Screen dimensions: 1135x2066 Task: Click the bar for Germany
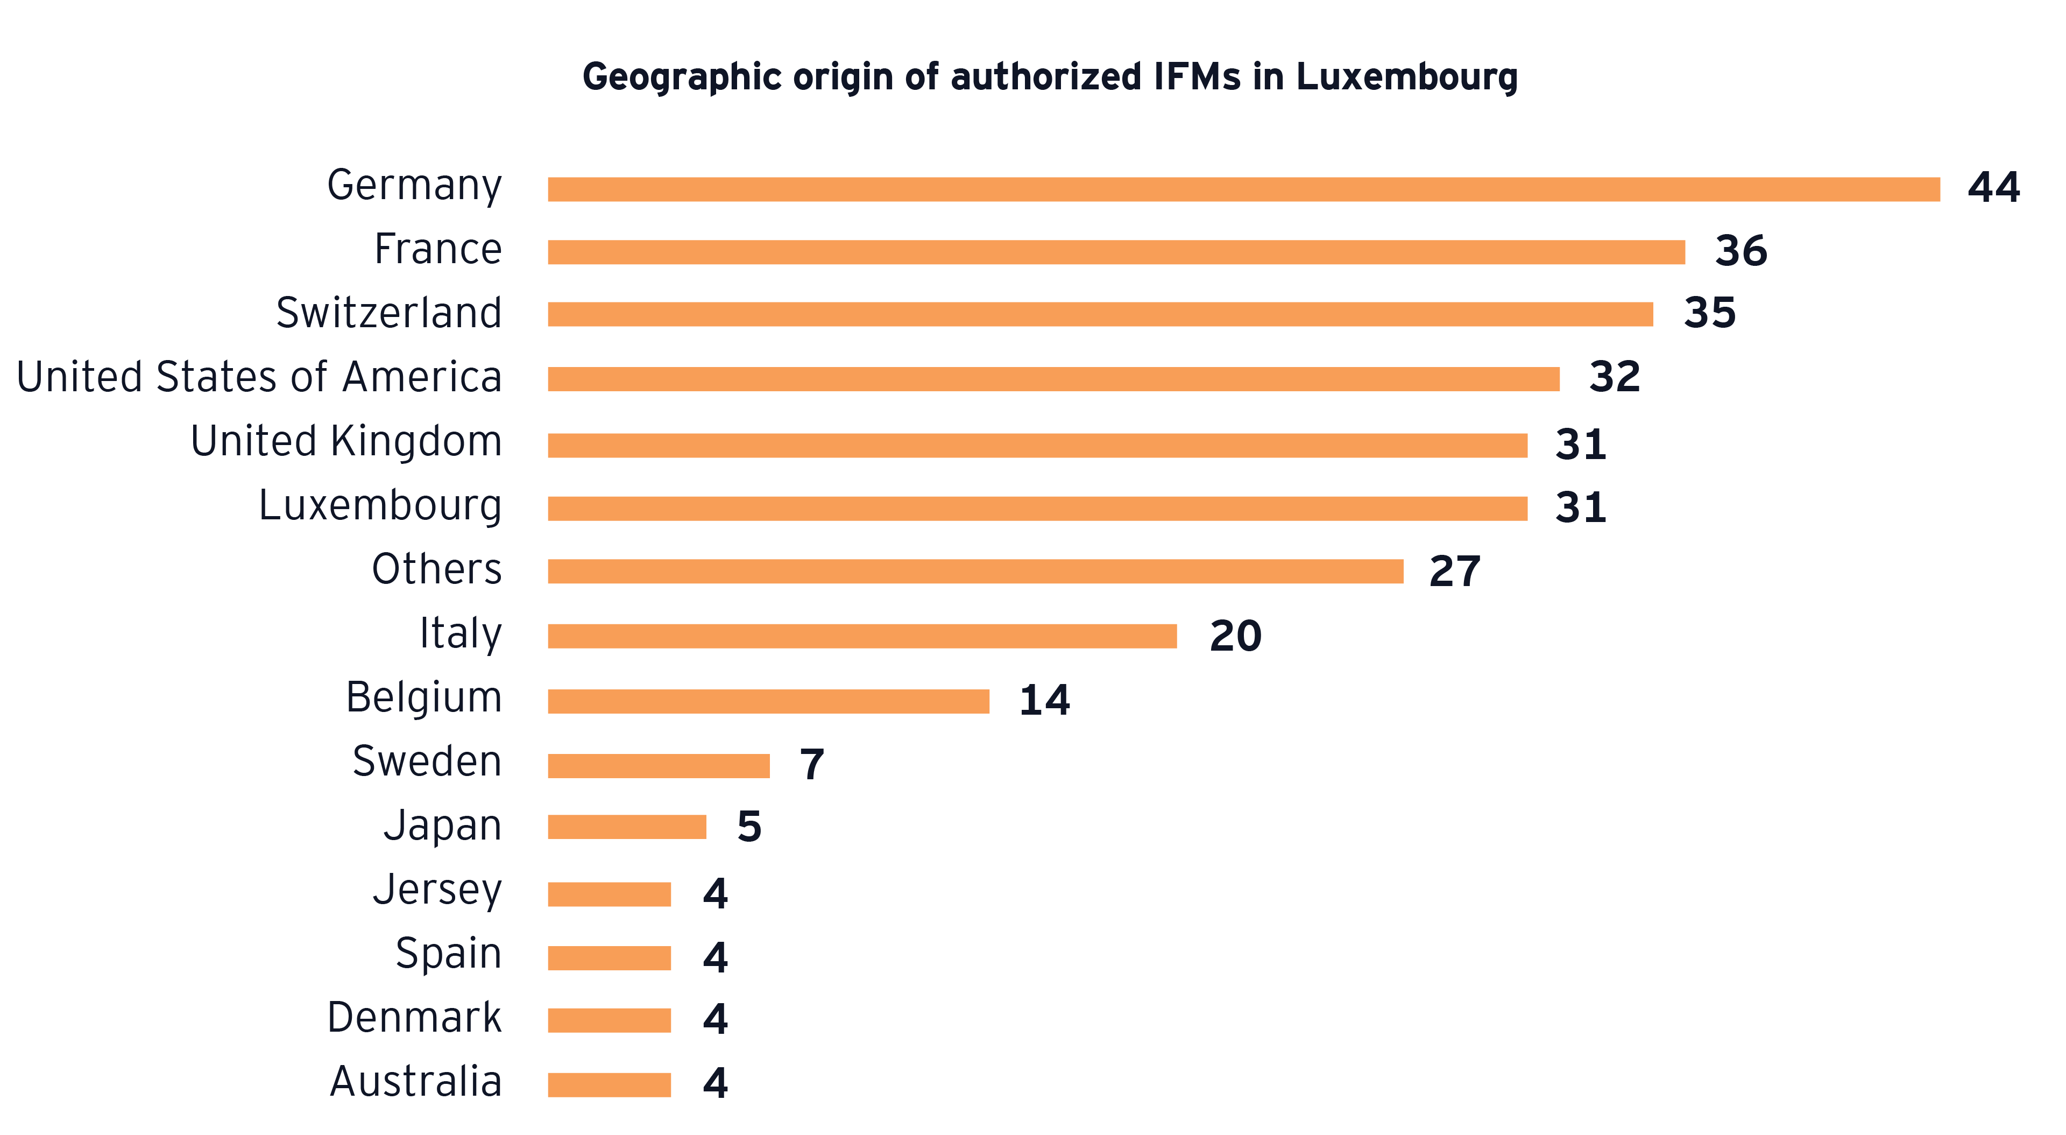(x=1243, y=189)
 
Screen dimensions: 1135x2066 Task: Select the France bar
(x=1116, y=252)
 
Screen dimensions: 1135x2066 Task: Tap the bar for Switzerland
(x=1100, y=314)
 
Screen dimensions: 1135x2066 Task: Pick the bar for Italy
(x=862, y=636)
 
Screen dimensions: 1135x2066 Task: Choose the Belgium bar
(x=768, y=701)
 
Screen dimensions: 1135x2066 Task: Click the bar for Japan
(x=626, y=827)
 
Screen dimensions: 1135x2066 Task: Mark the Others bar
(x=975, y=571)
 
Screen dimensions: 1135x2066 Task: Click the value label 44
(x=1993, y=188)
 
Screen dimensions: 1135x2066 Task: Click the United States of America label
(x=259, y=377)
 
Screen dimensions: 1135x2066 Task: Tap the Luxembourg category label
(x=380, y=506)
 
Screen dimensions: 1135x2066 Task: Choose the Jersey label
(x=437, y=890)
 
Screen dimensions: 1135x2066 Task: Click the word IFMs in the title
(x=1198, y=77)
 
